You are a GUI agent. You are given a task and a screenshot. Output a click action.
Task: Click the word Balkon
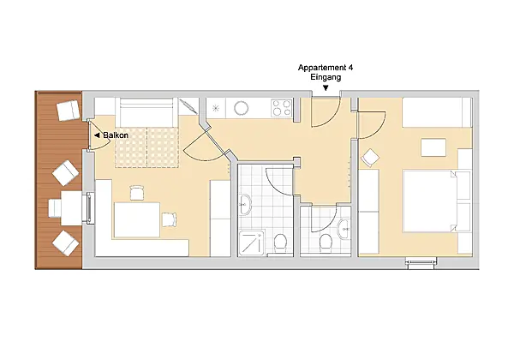pyautogui.click(x=116, y=135)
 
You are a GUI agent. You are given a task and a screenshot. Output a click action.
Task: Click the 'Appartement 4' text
pyautogui.click(x=326, y=68)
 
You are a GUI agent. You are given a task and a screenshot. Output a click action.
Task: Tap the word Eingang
pyautogui.click(x=326, y=77)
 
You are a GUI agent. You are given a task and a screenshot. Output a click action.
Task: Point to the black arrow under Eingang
pyautogui.click(x=326, y=88)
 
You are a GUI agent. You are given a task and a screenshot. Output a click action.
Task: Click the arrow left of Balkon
pyautogui.click(x=97, y=135)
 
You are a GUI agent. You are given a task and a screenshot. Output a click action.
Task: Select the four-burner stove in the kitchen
pyautogui.click(x=281, y=108)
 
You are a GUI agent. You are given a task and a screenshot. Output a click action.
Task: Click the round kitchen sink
pyautogui.click(x=242, y=107)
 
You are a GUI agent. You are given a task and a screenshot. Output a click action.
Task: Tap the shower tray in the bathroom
pyautogui.click(x=252, y=243)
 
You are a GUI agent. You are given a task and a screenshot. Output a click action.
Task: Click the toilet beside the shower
pyautogui.click(x=280, y=243)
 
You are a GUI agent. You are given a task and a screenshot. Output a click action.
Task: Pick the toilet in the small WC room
pyautogui.click(x=326, y=243)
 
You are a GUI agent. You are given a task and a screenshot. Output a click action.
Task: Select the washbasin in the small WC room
pyautogui.click(x=344, y=229)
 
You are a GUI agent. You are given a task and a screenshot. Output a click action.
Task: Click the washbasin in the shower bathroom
pyautogui.click(x=245, y=205)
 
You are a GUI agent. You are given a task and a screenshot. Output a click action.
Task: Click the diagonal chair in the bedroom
pyautogui.click(x=370, y=158)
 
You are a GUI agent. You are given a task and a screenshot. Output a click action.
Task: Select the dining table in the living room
pyautogui.click(x=137, y=219)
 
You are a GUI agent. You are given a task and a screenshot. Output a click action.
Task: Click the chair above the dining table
pyautogui.click(x=137, y=193)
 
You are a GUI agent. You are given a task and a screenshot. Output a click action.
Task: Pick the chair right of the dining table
pyautogui.click(x=169, y=219)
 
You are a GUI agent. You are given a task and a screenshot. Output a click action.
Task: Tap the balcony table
pyautogui.click(x=71, y=208)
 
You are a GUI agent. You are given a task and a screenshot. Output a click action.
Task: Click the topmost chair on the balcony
pyautogui.click(x=69, y=111)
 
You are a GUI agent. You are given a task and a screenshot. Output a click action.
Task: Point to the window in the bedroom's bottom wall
pyautogui.click(x=421, y=262)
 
